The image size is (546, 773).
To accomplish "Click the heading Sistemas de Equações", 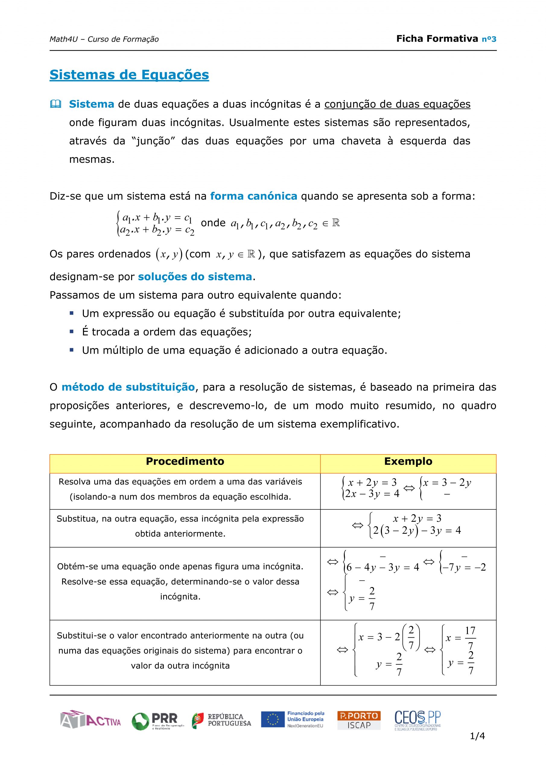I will coord(129,75).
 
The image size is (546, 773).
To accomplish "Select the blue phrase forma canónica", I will coord(254,196).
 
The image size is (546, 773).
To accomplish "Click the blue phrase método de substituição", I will coord(128,387).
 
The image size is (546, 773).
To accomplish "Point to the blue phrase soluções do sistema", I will coord(195,277).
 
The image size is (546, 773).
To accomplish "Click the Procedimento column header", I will coord(185,461).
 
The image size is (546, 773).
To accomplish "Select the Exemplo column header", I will coord(408,461).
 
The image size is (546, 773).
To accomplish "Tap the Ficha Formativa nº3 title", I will coord(446,39).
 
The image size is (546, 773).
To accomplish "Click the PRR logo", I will coord(157,721).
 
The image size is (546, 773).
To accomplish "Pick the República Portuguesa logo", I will coord(221,720).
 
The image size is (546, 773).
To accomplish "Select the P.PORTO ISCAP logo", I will coord(359,720).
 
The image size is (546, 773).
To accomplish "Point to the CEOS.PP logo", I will coord(417,720).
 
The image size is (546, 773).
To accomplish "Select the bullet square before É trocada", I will coord(72,332).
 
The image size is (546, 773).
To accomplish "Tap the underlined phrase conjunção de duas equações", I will coord(397,104).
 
